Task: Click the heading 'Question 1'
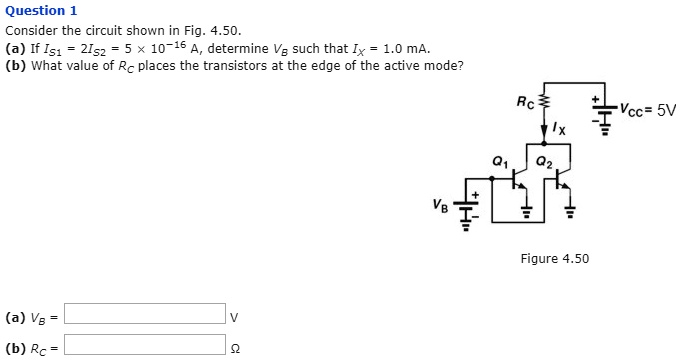(x=41, y=11)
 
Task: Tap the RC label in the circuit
(x=526, y=101)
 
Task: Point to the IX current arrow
(x=546, y=128)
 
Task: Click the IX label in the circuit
(x=561, y=129)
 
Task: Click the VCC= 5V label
(x=647, y=110)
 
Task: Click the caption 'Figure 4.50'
(x=555, y=259)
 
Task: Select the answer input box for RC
(x=146, y=346)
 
